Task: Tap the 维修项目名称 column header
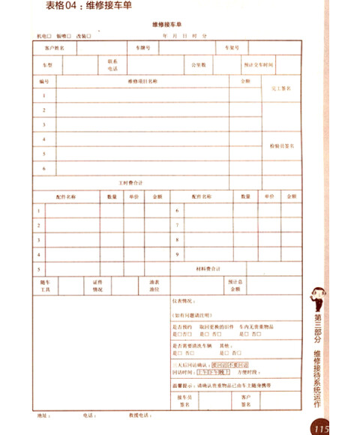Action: [142, 80]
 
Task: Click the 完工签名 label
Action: [280, 88]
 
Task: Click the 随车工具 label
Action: [44, 285]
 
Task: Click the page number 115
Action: [322, 429]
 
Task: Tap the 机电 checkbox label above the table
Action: [41, 35]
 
